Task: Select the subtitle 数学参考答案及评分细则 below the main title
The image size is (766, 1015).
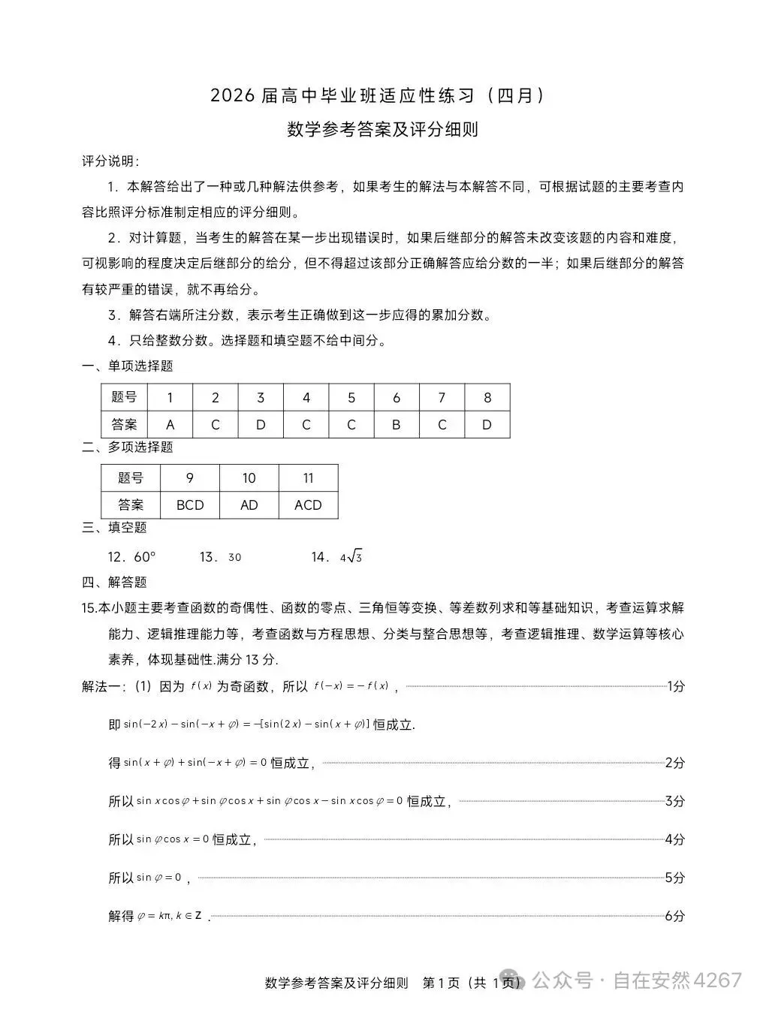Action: click(x=383, y=130)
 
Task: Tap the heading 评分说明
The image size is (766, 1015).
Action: click(x=110, y=161)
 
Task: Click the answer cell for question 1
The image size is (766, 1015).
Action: click(x=170, y=425)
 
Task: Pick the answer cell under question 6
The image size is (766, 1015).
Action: click(x=397, y=425)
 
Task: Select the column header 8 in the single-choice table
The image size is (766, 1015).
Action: click(x=487, y=398)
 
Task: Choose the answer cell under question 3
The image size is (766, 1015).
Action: click(x=261, y=425)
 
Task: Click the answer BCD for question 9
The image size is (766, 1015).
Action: click(x=190, y=505)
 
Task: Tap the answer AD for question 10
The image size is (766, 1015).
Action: click(x=249, y=505)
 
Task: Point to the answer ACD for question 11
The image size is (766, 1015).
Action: click(x=308, y=505)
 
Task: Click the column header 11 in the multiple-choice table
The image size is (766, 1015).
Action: click(x=308, y=478)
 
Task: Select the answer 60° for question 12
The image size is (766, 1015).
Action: click(x=144, y=557)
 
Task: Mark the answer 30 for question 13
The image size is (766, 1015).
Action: click(x=234, y=557)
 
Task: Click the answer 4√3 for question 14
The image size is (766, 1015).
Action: click(x=351, y=557)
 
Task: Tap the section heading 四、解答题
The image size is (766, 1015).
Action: click(x=114, y=582)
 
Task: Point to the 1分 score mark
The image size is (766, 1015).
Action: click(x=675, y=685)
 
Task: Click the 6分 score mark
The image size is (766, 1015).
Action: click(x=674, y=916)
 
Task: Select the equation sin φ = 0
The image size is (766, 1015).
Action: click(x=158, y=878)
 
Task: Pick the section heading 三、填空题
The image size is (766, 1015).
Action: click(x=114, y=527)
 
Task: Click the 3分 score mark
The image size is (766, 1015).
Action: click(x=674, y=801)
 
